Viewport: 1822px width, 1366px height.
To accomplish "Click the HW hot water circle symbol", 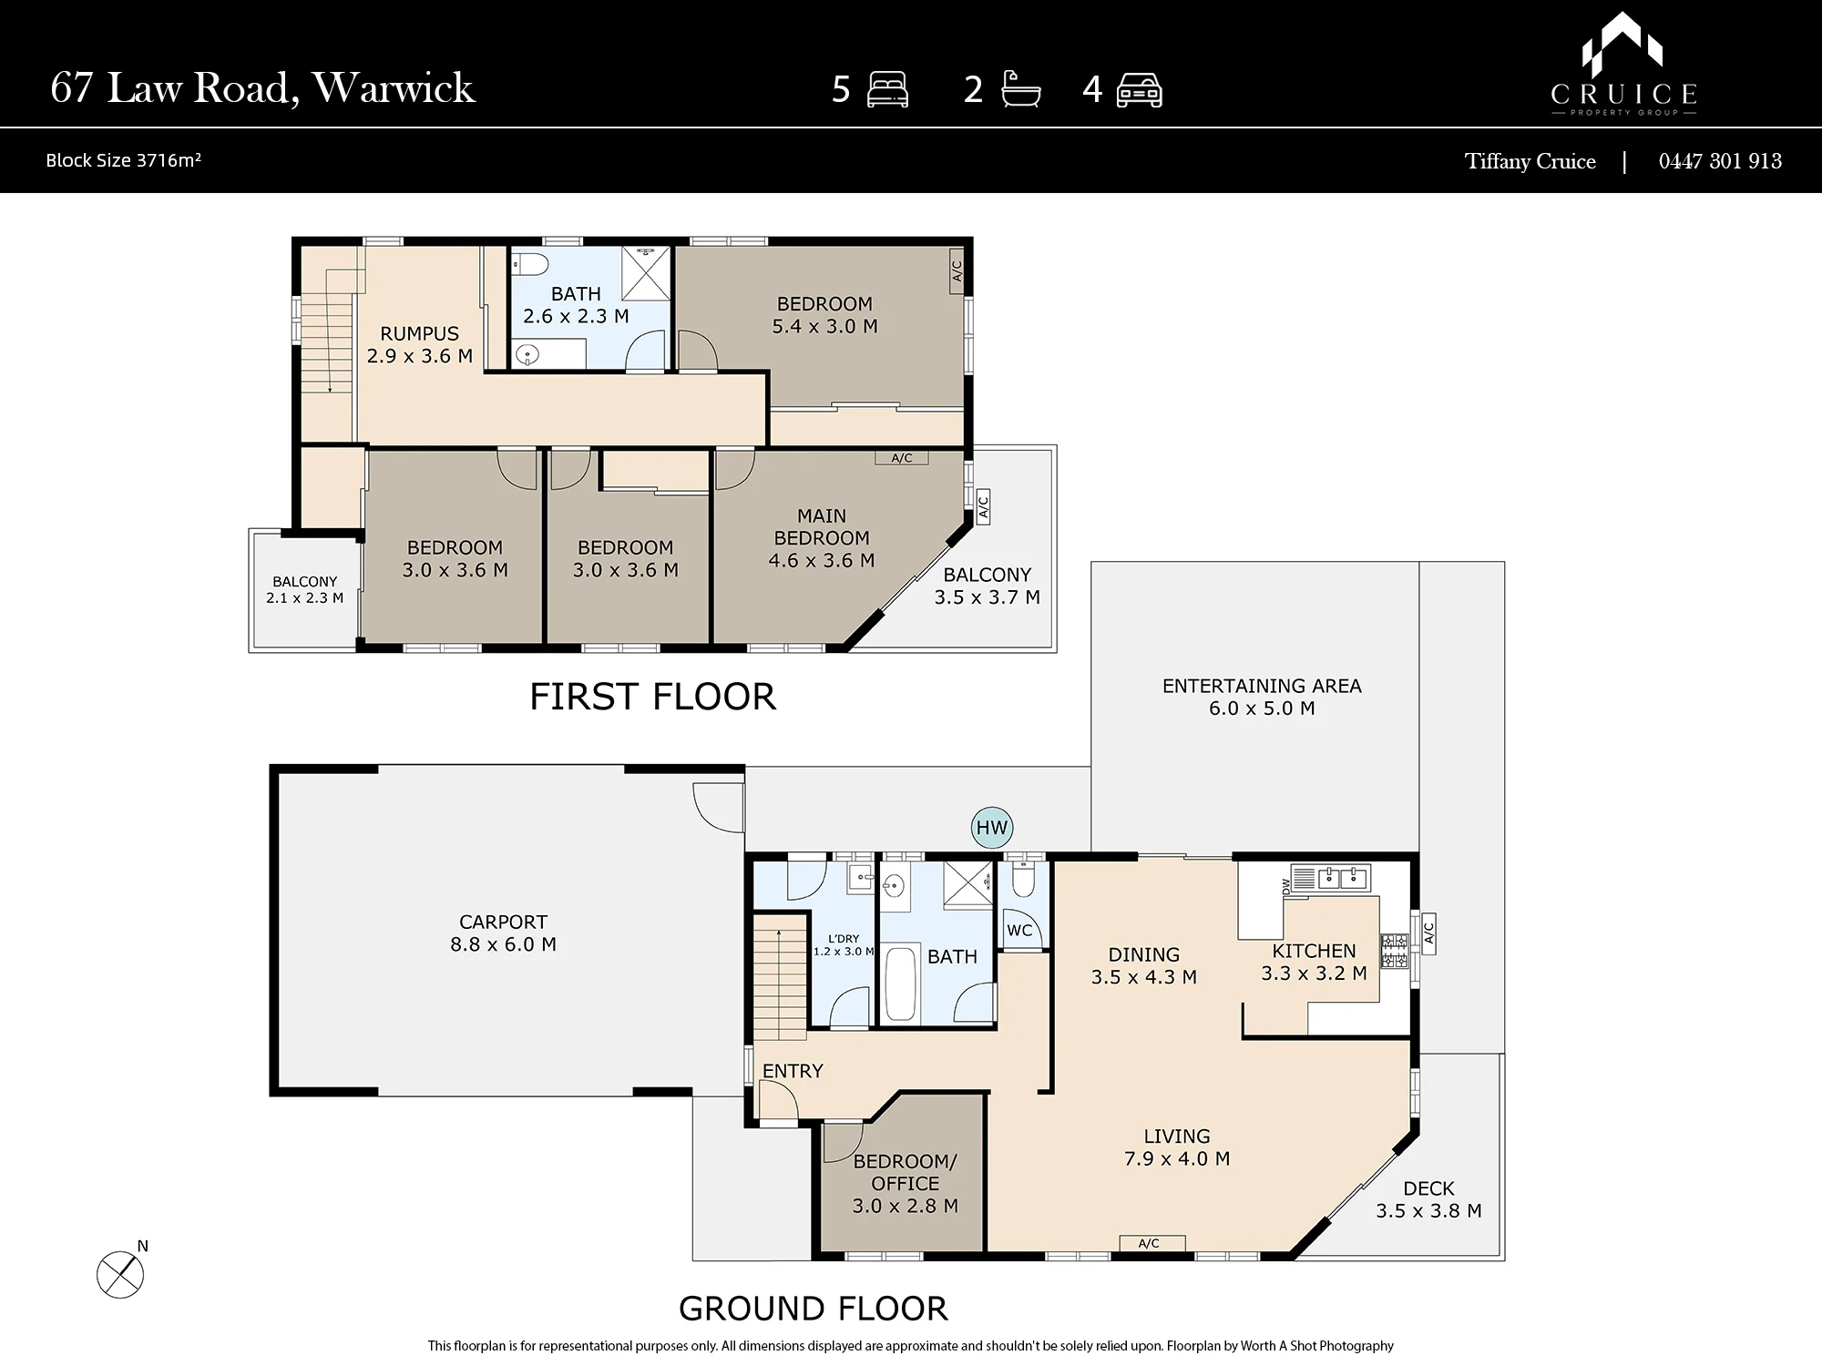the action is pyautogui.click(x=992, y=828).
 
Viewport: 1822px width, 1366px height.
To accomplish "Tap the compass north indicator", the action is pyautogui.click(x=121, y=1272).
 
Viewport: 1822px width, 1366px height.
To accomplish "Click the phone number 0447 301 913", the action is pyautogui.click(x=1720, y=161).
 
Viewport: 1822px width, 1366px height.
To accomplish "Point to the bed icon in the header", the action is pyautogui.click(x=887, y=90).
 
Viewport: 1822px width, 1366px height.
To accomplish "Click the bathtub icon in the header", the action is pyautogui.click(x=1020, y=90).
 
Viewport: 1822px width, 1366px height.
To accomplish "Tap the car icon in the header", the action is pyautogui.click(x=1139, y=90).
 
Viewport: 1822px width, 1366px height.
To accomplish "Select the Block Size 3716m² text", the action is pyautogui.click(x=123, y=160).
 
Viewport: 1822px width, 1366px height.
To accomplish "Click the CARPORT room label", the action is pyautogui.click(x=503, y=922).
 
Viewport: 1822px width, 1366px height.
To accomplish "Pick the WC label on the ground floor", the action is pyautogui.click(x=1019, y=931).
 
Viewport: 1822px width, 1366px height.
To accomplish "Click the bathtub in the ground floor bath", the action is pyautogui.click(x=900, y=984).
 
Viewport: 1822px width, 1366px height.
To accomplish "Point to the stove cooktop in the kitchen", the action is pyautogui.click(x=1394, y=952).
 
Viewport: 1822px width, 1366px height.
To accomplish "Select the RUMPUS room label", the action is pyautogui.click(x=419, y=333).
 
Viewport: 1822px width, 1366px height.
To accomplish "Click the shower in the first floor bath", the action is pyautogui.click(x=646, y=272).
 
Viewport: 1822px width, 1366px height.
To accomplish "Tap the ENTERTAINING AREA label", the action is pyautogui.click(x=1262, y=686).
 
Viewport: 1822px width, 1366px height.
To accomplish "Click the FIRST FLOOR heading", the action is pyautogui.click(x=653, y=697).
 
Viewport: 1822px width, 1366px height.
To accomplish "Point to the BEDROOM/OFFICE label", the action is pyautogui.click(x=905, y=1172).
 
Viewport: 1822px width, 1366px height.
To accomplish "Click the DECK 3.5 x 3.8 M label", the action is pyautogui.click(x=1428, y=1199).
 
